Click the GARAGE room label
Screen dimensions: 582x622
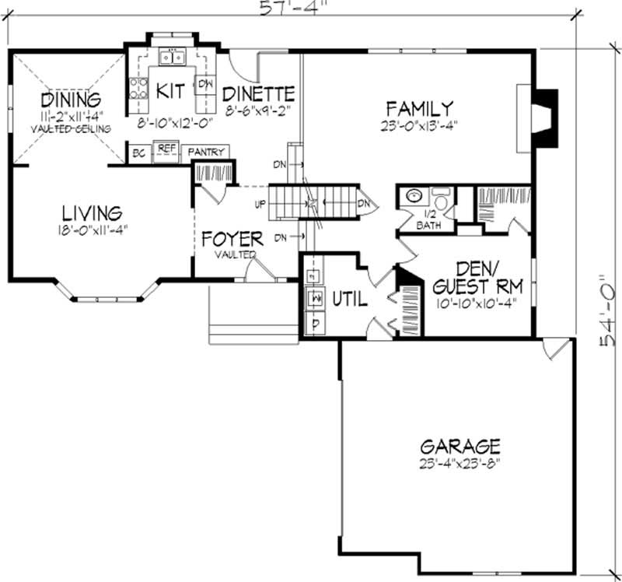[460, 447]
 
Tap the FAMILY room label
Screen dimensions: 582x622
[420, 108]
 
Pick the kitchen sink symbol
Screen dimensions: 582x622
[171, 56]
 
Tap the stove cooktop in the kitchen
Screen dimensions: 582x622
[139, 88]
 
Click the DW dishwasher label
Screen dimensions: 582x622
[204, 83]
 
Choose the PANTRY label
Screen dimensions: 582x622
[206, 152]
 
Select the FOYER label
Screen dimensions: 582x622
[232, 238]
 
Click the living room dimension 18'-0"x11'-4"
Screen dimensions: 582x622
[93, 230]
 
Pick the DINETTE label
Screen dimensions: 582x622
[257, 93]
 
